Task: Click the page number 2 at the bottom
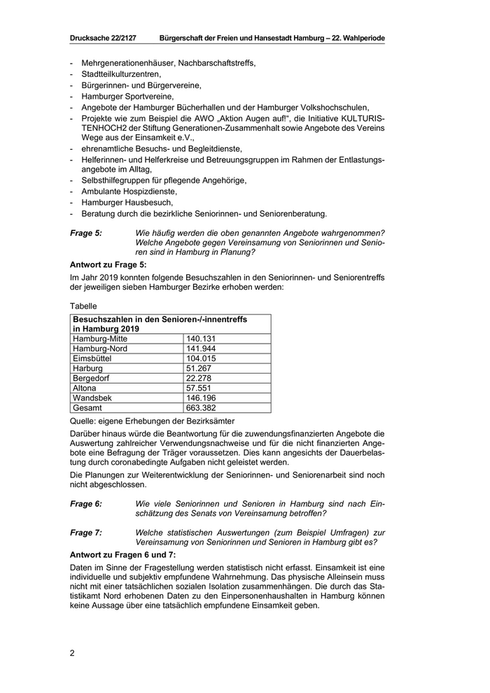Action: [x=72, y=653]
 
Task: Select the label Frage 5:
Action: [x=86, y=232]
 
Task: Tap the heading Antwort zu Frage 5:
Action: [x=108, y=265]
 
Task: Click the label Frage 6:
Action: [x=86, y=503]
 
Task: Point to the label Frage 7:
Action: [x=86, y=532]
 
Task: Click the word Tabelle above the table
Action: [x=85, y=306]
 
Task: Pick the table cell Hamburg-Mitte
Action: [x=100, y=338]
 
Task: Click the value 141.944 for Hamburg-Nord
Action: [x=201, y=348]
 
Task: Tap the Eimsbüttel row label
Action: [x=92, y=358]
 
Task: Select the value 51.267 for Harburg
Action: [x=199, y=367]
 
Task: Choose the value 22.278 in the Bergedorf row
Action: [x=199, y=377]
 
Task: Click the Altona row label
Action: [x=85, y=387]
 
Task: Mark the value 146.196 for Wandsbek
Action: [x=201, y=397]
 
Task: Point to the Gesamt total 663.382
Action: [x=201, y=407]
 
